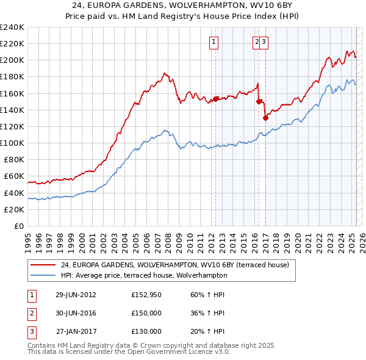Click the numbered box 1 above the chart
pos(215,41)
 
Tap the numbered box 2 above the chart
pos(257,41)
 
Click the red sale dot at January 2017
pos(265,118)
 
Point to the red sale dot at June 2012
pos(216,99)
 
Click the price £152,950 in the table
pos(146,295)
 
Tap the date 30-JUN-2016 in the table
pos(76,313)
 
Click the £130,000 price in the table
pos(146,331)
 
